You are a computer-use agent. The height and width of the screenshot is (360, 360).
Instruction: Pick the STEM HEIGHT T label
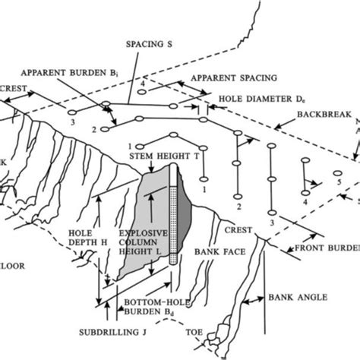[x=157, y=158]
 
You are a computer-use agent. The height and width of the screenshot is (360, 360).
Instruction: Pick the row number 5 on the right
[x=338, y=183]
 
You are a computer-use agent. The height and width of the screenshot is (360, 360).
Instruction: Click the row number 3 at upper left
[x=72, y=122]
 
